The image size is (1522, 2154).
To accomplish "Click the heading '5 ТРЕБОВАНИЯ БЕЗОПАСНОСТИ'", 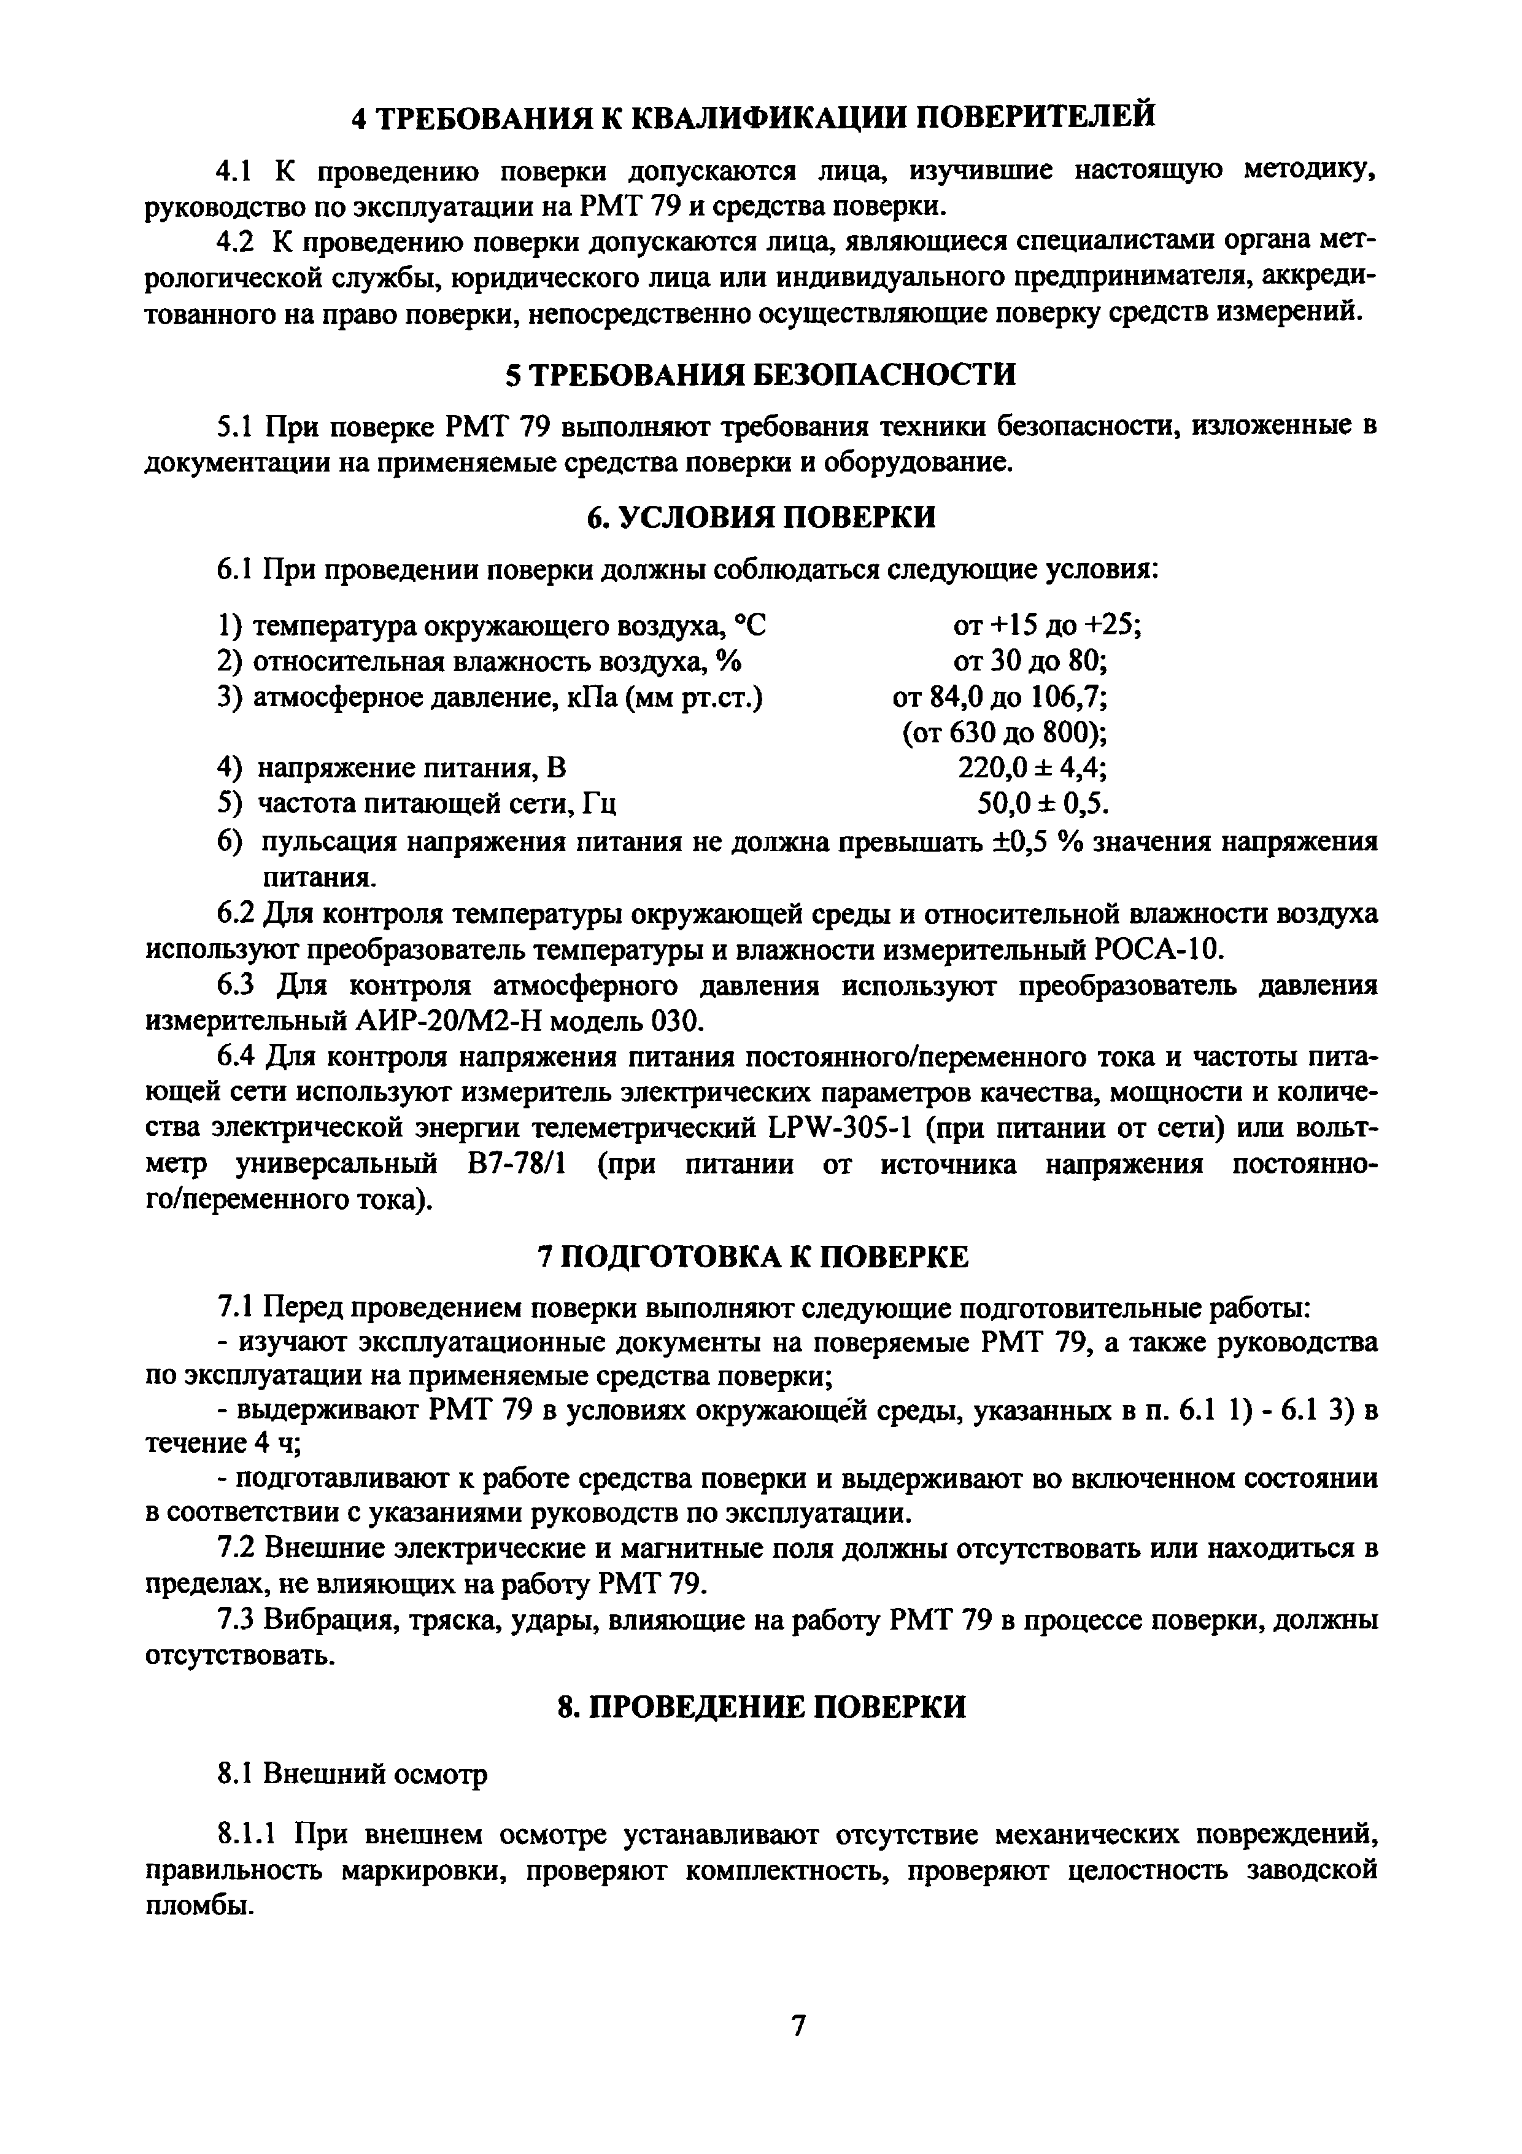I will tap(760, 375).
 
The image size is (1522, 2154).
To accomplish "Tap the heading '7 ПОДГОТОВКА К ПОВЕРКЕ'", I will tap(760, 1256).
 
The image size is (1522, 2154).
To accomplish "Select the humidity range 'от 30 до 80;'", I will tap(1030, 661).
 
